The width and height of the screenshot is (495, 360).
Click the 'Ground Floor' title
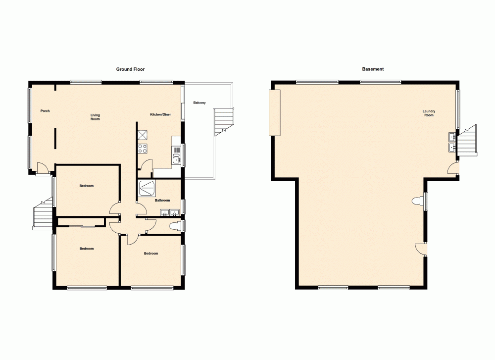click(130, 69)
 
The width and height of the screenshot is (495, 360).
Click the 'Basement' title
click(373, 69)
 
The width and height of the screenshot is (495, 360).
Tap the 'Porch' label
click(45, 111)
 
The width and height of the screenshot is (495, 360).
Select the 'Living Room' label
click(95, 117)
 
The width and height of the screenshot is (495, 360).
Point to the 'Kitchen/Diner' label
click(160, 115)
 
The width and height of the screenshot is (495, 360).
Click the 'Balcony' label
click(199, 103)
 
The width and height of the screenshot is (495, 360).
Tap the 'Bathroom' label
click(162, 201)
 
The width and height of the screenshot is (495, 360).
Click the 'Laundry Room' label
click(429, 113)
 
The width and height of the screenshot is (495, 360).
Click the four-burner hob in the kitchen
click(143, 148)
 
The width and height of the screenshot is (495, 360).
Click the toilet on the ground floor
click(174, 226)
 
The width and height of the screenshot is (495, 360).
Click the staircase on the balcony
click(223, 121)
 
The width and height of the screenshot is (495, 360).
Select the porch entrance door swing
click(43, 169)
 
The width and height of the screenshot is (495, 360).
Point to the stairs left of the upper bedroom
click(43, 214)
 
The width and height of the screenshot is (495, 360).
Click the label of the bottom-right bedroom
click(151, 254)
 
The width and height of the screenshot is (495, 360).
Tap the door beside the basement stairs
click(452, 169)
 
